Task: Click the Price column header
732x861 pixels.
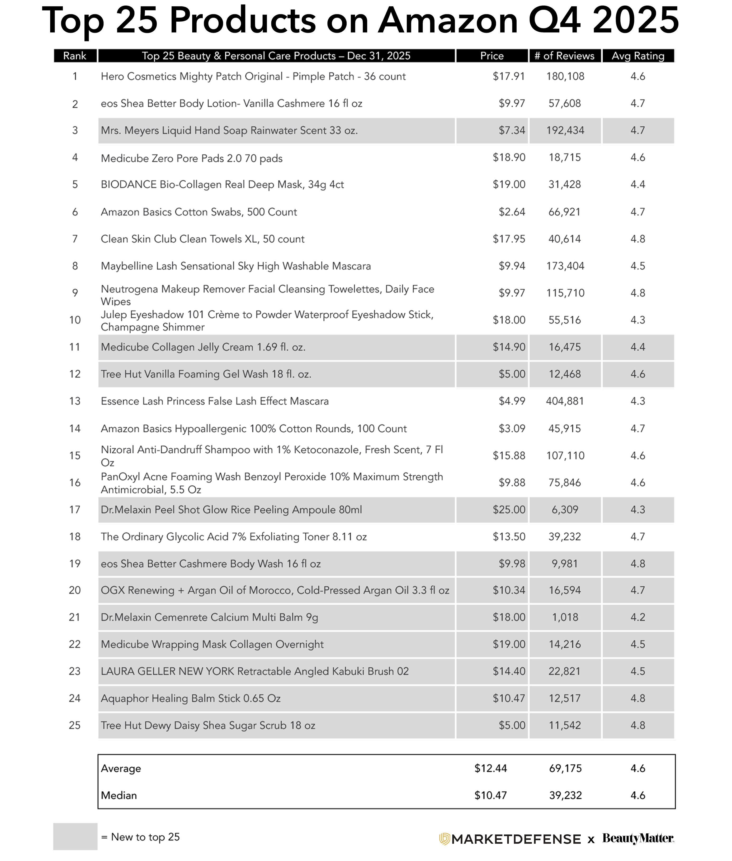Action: [492, 56]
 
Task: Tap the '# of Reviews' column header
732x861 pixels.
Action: [564, 56]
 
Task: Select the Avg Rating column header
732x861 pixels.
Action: [638, 56]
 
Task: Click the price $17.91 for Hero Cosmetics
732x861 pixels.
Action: [509, 76]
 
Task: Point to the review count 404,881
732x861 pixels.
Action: [565, 401]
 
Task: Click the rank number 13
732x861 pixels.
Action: [75, 401]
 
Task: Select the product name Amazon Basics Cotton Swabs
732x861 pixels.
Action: [199, 212]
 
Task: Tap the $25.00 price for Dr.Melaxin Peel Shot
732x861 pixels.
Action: [509, 509]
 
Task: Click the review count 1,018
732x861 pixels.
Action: [565, 617]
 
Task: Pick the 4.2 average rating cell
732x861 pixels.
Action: [638, 617]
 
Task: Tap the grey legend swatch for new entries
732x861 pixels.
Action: [75, 836]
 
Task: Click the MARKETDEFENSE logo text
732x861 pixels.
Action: [516, 839]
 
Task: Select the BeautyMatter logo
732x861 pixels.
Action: [638, 838]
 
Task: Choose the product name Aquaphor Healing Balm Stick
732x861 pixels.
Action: [191, 699]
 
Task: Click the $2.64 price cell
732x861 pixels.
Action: [512, 212]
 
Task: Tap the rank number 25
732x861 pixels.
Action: [75, 725]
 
